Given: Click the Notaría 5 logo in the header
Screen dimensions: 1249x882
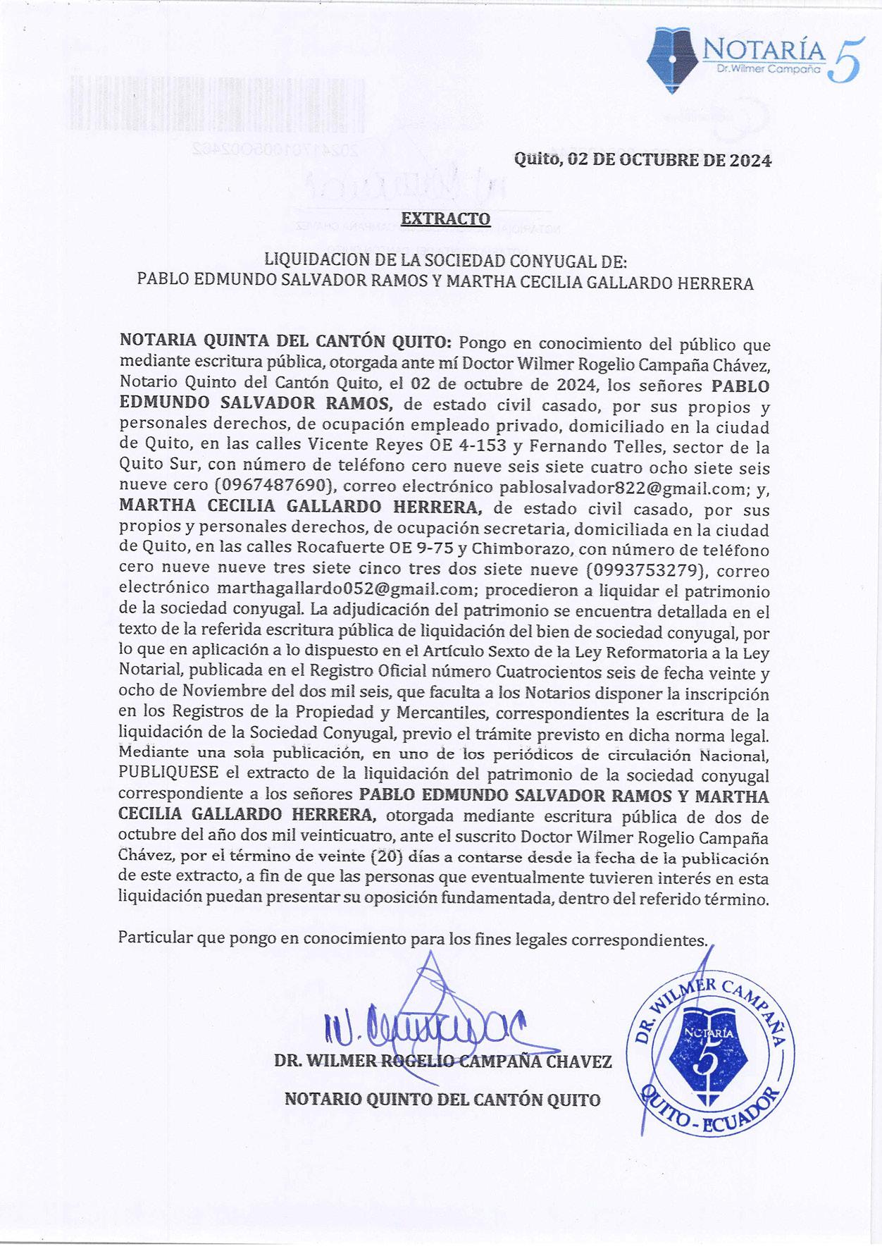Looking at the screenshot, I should pos(752,57).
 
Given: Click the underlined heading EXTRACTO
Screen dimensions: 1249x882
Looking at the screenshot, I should pos(445,219).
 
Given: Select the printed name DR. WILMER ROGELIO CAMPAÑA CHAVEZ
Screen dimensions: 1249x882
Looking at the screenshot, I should pos(442,1062).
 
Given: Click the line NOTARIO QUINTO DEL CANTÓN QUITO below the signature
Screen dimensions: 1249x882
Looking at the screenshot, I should pos(442,1099).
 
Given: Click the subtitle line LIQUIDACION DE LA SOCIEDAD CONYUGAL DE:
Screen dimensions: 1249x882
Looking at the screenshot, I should pos(445,262).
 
